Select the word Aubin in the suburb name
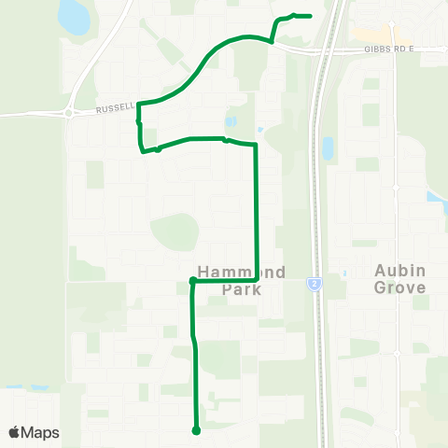[x=399, y=270]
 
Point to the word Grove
[x=399, y=288]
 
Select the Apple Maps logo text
[x=41, y=432]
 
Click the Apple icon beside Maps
[x=16, y=431]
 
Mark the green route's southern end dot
[x=196, y=430]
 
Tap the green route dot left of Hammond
[x=192, y=280]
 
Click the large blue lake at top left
[x=71, y=16]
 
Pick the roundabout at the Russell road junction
[x=69, y=114]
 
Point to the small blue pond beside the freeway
[x=327, y=147]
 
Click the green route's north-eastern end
[x=309, y=16]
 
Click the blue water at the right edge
[x=436, y=197]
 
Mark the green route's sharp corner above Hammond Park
[x=256, y=146]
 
